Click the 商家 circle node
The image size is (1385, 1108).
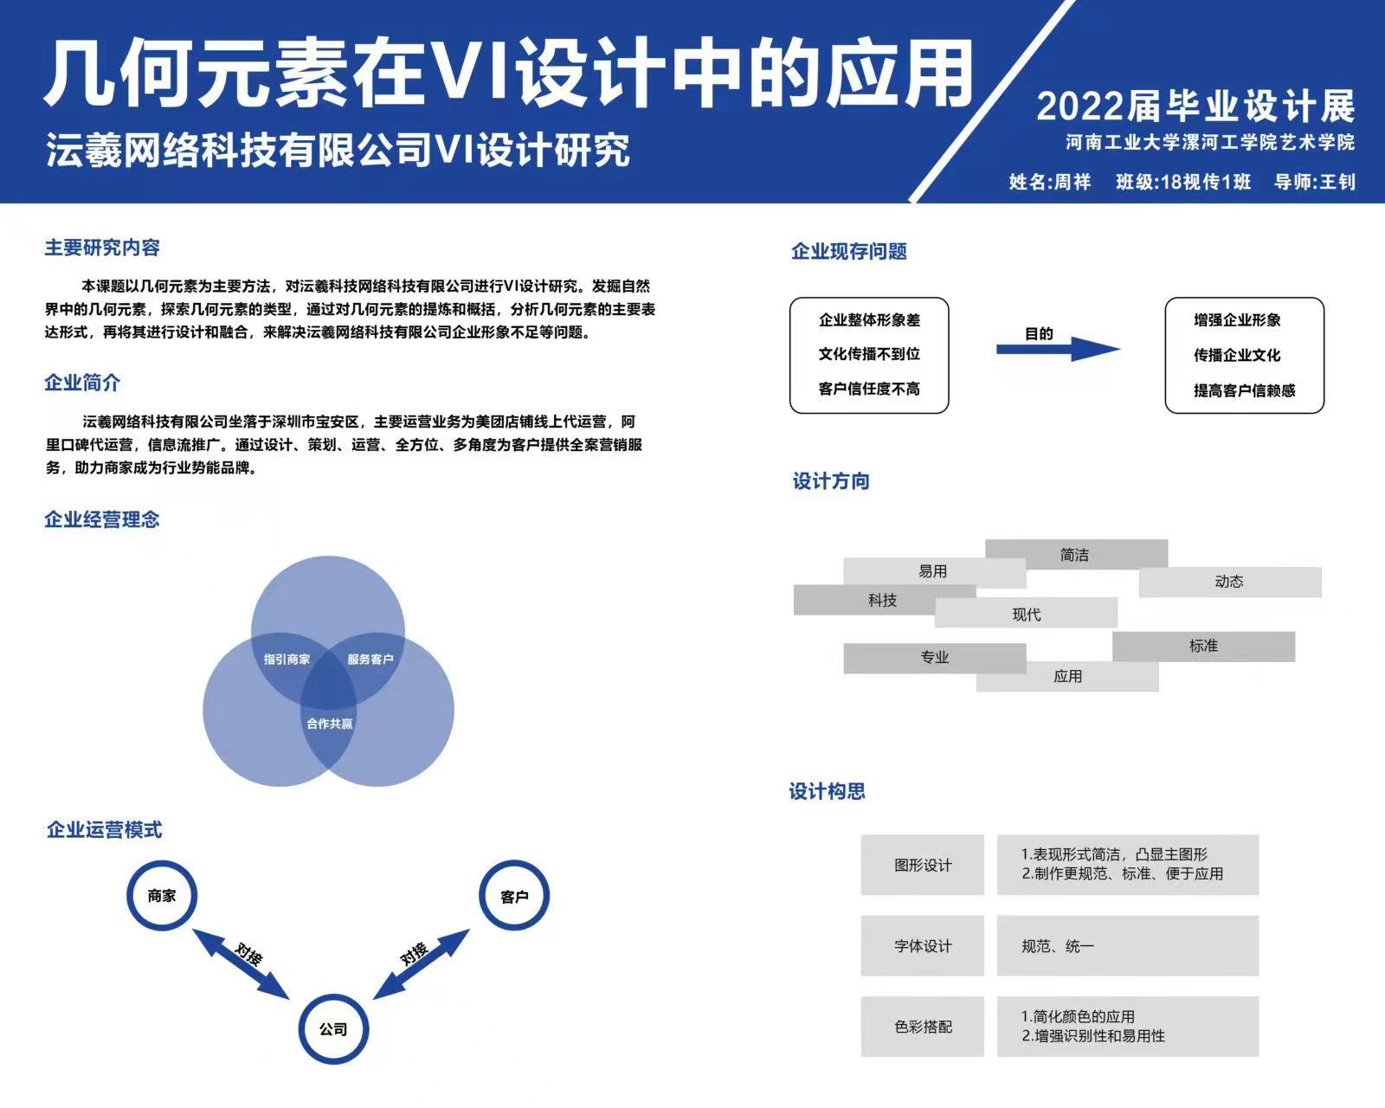pos(162,896)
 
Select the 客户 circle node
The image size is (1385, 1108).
pos(514,897)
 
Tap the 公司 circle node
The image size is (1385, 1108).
pos(333,1029)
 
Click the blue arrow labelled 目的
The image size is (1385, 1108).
pos(1058,349)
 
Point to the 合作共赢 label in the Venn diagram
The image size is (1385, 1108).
pos(330,724)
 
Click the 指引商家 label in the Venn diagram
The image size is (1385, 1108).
pos(287,660)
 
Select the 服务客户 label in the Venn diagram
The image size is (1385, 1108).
pos(370,660)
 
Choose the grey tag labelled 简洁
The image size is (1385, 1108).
pos(1076,554)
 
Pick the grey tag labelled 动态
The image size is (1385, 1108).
pos(1230,582)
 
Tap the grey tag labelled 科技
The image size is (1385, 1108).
pos(883,600)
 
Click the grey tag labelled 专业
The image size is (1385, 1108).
pos(935,658)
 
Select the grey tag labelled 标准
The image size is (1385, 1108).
pos(1203,646)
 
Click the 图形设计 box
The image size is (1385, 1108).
pos(923,865)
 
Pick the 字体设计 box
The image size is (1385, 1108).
pos(923,946)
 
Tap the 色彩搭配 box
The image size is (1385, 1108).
pos(923,1027)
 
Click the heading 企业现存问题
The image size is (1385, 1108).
pos(849,252)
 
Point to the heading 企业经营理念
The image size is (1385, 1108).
pos(102,519)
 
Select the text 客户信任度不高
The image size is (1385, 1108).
pos(869,390)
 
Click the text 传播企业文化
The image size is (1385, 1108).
pos(1237,355)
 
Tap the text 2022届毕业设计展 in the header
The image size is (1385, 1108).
pos(1195,106)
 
